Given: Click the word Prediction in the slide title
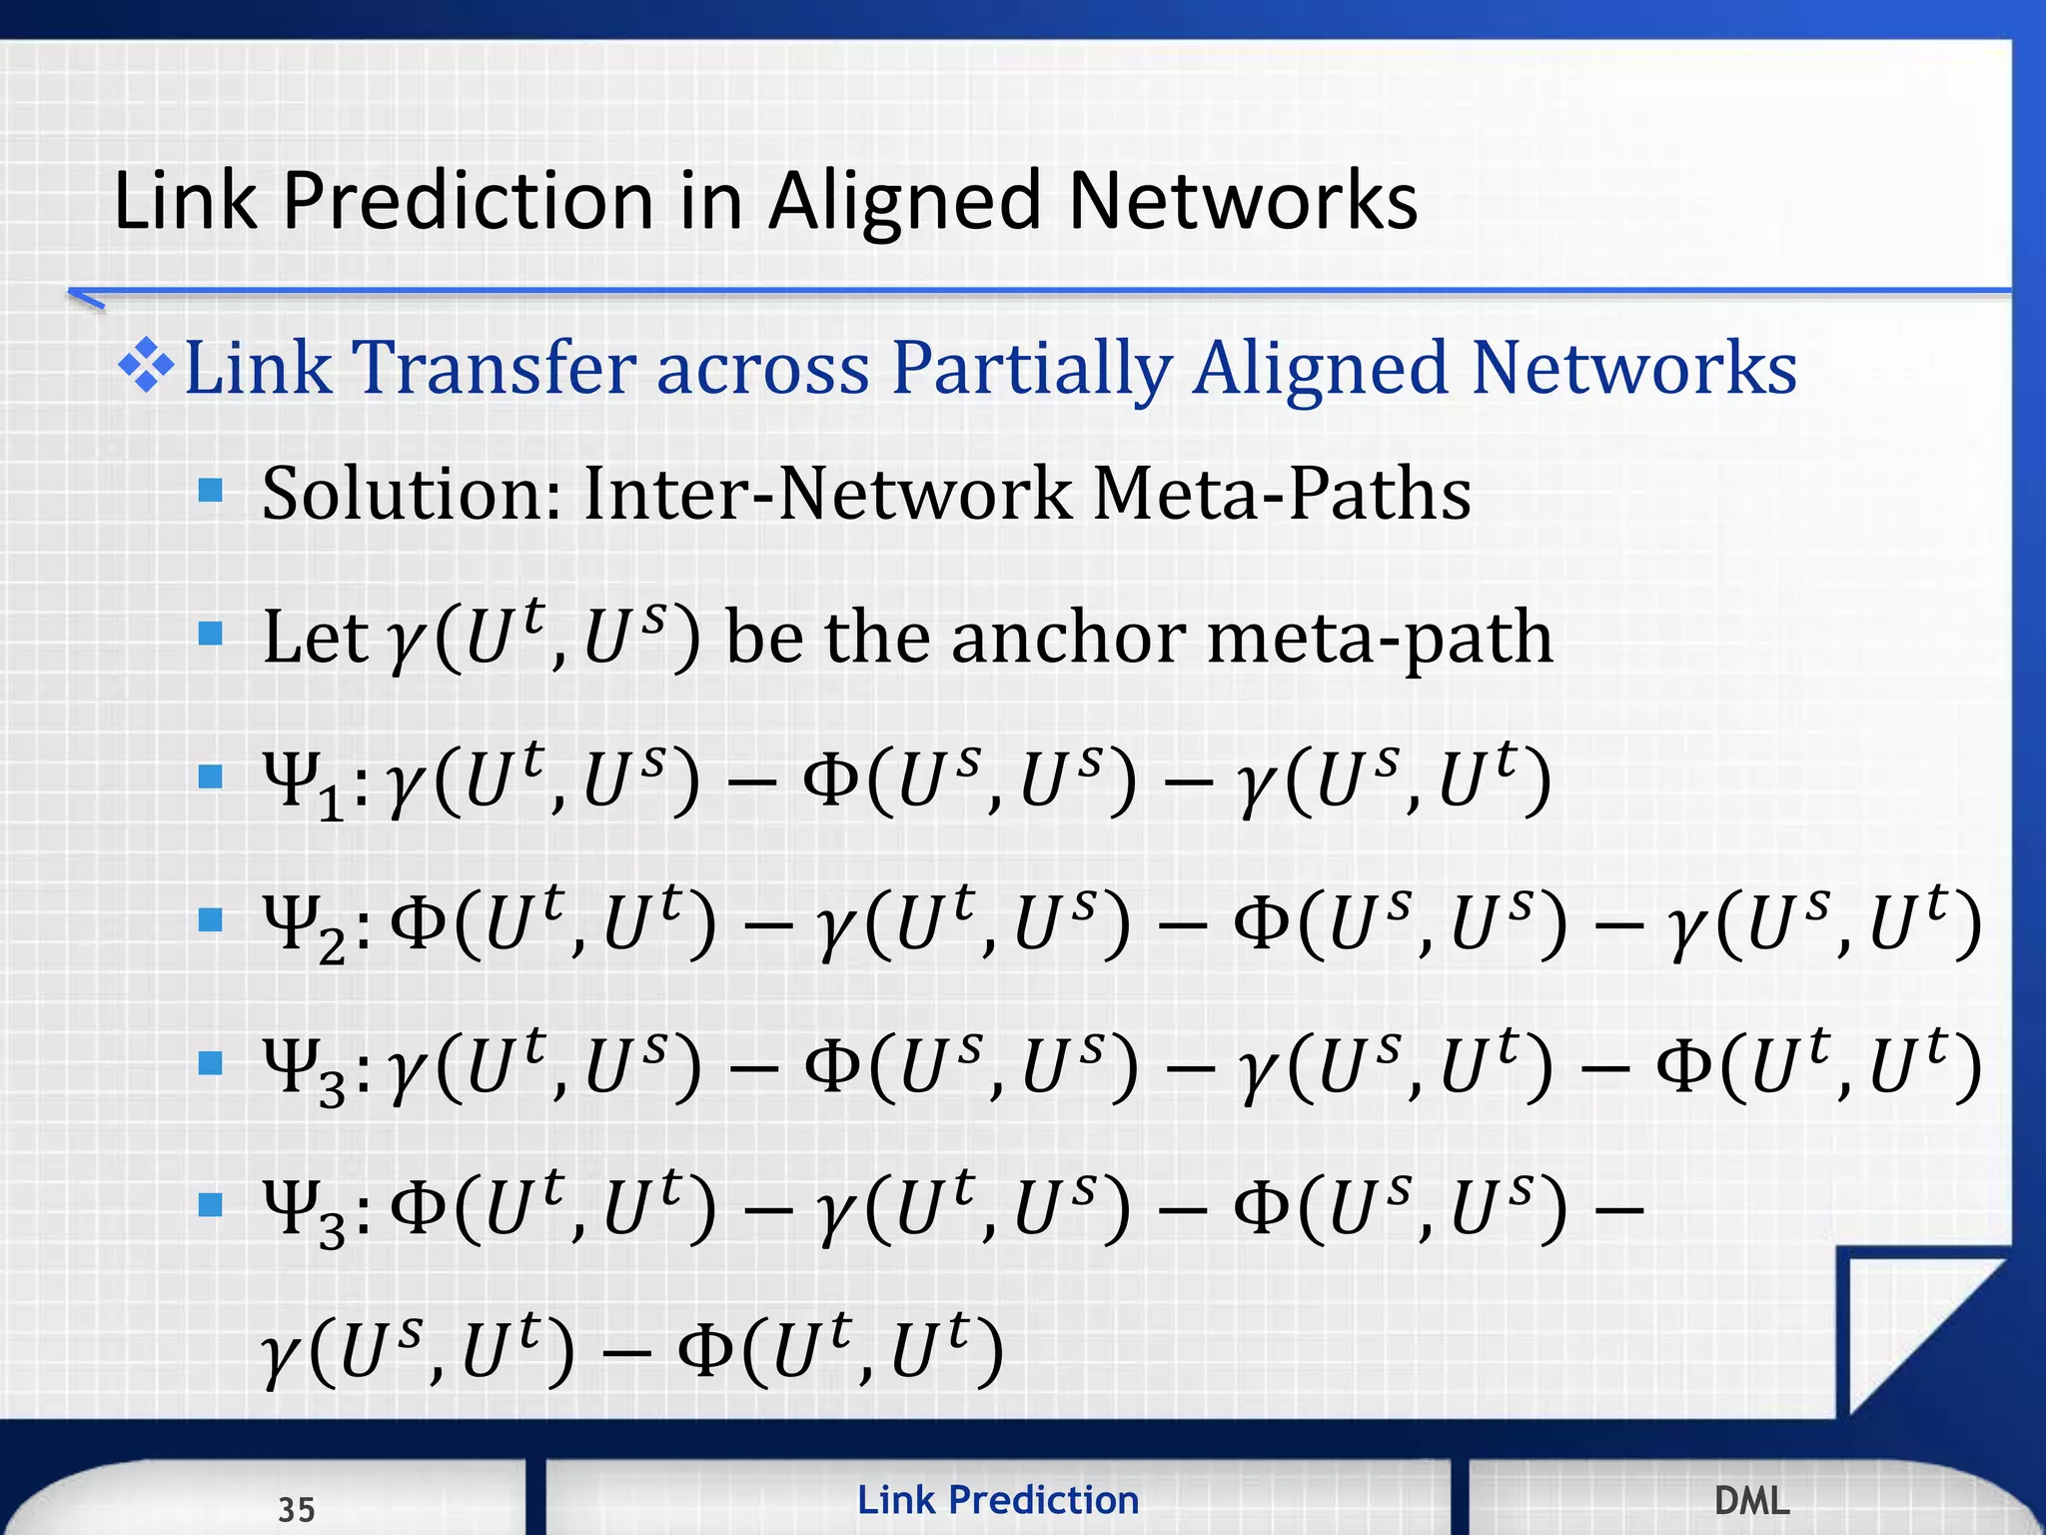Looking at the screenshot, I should (469, 201).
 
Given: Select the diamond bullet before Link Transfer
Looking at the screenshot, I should (146, 367).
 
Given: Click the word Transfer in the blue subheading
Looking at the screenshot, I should (494, 367).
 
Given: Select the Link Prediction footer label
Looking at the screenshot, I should (998, 1500).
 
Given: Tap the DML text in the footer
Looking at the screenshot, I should (1751, 1500).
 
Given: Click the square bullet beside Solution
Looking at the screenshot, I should (210, 491).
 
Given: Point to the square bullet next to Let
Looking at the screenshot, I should (210, 634).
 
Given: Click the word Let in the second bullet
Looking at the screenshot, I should (314, 638).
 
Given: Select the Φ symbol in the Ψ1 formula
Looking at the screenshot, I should (832, 780).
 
